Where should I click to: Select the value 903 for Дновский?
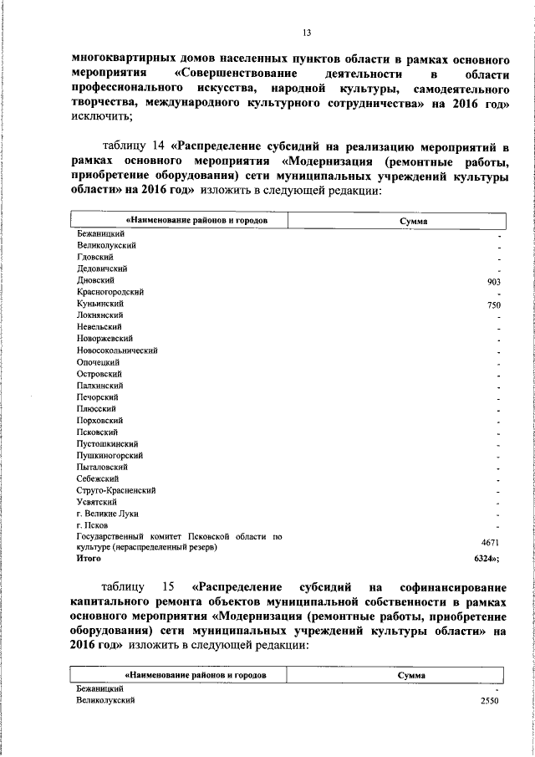click(493, 282)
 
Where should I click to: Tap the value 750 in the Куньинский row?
click(493, 306)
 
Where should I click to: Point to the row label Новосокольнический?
click(117, 350)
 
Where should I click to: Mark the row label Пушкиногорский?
click(110, 455)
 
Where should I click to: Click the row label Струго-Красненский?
click(116, 489)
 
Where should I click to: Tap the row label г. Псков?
click(91, 524)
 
